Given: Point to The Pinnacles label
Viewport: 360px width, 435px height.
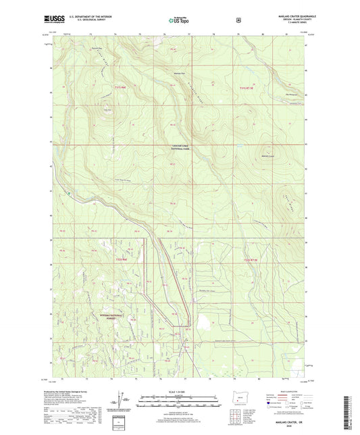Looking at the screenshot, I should [282, 93].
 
